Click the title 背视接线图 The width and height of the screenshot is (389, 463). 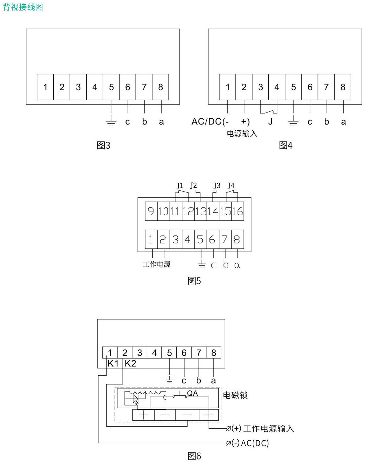[x=23, y=7]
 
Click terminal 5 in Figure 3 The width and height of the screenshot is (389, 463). [x=111, y=87]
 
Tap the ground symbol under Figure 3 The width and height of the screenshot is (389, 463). [x=111, y=123]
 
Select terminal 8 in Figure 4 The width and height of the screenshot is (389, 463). [x=343, y=87]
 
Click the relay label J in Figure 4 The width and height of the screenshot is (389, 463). [x=270, y=122]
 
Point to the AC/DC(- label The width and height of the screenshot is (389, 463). [x=210, y=122]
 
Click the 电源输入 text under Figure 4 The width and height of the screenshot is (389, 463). [x=242, y=133]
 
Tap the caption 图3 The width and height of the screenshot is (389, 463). [x=103, y=145]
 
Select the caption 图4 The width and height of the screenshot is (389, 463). [x=286, y=145]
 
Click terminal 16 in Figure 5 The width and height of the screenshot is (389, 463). [x=238, y=211]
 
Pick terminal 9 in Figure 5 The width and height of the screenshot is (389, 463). [x=151, y=211]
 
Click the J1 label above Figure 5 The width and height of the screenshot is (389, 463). [x=180, y=186]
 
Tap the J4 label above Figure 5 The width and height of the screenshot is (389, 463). [x=231, y=186]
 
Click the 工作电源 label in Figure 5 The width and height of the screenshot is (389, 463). [x=157, y=264]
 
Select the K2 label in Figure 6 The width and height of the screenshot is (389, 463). [x=130, y=363]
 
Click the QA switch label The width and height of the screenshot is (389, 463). [x=192, y=393]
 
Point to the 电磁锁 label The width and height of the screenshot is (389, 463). [x=235, y=395]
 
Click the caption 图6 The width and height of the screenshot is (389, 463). [x=194, y=456]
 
